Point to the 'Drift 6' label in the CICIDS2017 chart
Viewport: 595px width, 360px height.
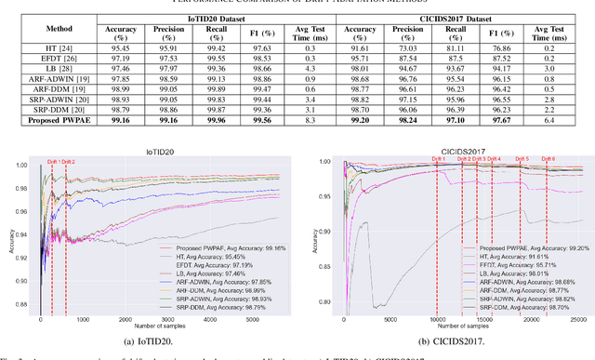coord(549,159)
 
